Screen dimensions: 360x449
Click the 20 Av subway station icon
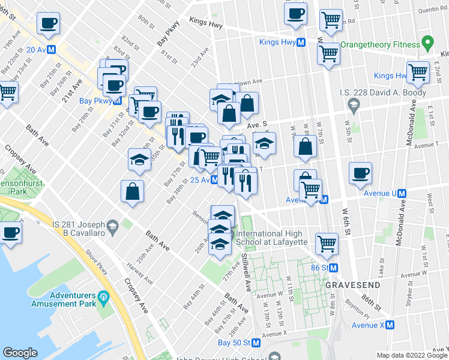52,50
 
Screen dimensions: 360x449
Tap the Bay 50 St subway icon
256,343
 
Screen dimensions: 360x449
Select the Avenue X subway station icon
390,325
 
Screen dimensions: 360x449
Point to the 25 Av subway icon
214,179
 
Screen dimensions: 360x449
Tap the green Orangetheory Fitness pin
427,44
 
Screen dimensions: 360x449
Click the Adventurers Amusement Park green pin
103,296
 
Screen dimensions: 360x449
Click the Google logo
20,352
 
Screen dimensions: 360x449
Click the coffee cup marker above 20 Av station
48,24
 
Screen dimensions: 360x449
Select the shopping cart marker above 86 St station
327,243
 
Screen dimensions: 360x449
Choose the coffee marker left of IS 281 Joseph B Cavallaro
10,232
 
